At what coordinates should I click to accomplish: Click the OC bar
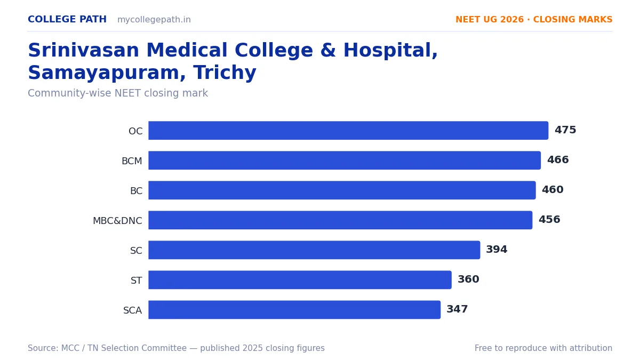coord(348,131)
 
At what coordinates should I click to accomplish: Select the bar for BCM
coord(345,161)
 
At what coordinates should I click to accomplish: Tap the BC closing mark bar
coord(342,190)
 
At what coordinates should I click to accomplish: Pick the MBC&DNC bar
coord(340,220)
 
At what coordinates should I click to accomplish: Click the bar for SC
coord(314,250)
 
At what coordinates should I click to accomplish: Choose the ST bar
coord(300,279)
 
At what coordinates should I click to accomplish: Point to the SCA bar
coord(294,310)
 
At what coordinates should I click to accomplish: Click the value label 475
coord(565,130)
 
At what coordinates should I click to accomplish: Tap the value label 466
coord(558,159)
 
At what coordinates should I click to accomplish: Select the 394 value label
coord(497,250)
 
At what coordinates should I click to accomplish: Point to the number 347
coord(457,309)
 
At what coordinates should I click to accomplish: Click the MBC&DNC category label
coord(117,221)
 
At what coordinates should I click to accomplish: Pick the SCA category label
coord(133,310)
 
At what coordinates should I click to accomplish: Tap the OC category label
coord(135,131)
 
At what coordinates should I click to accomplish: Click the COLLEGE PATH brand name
coord(67,19)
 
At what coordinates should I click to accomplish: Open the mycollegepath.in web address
coord(154,20)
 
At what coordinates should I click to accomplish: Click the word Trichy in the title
coord(225,73)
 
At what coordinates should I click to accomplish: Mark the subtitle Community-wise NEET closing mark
coord(118,93)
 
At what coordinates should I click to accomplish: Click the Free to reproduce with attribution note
coord(543,348)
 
